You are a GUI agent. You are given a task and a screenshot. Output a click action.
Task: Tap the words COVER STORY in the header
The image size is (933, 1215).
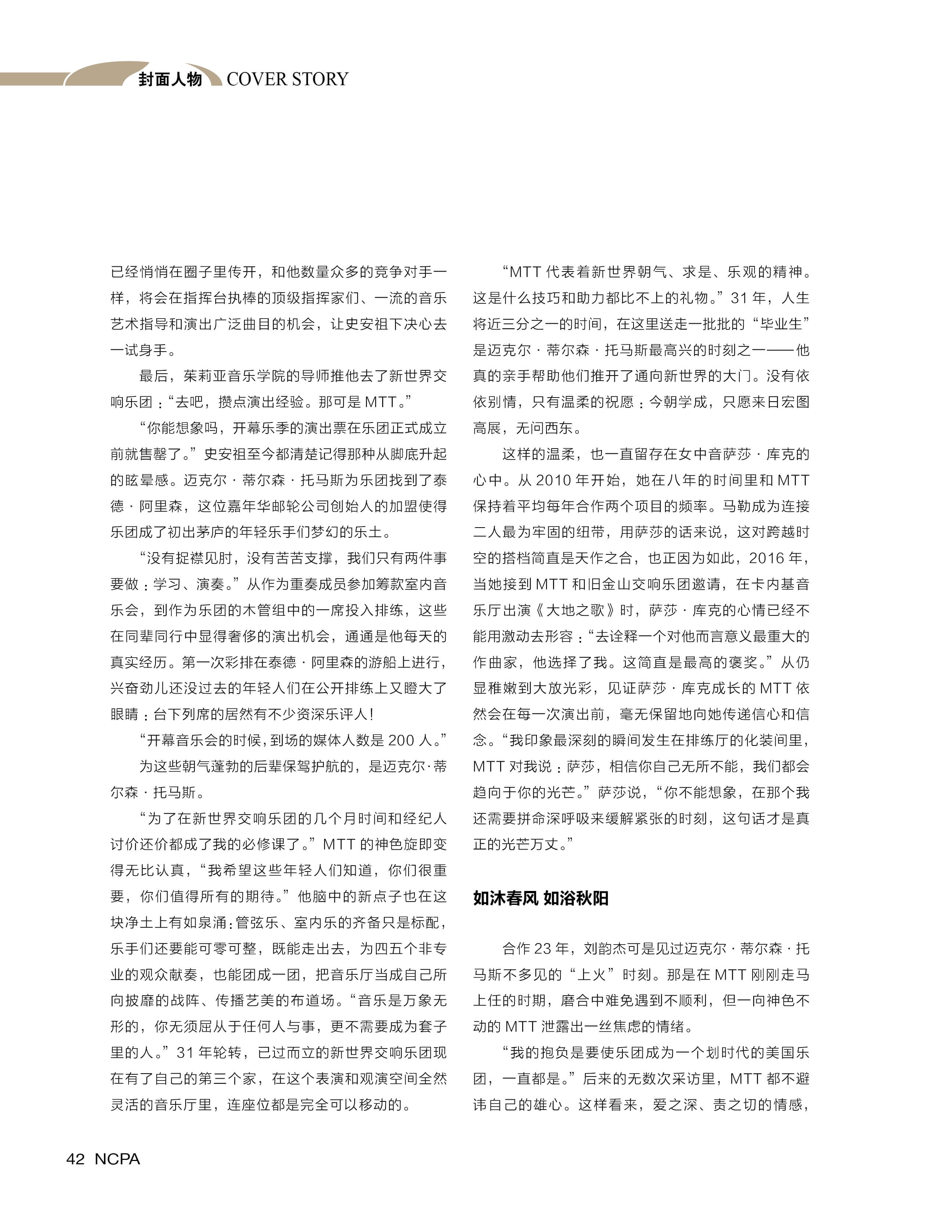pos(287,79)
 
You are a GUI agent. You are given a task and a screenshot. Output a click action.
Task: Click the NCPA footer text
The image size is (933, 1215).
pos(117,1159)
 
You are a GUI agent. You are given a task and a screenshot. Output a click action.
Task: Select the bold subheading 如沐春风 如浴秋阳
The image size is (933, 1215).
pos(541,898)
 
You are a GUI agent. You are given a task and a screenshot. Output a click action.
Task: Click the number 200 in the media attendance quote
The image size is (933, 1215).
pos(401,740)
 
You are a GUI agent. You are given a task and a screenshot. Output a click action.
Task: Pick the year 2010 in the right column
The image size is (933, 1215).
pos(554,480)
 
